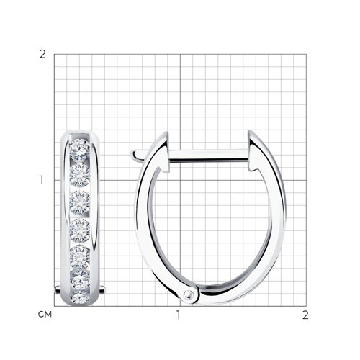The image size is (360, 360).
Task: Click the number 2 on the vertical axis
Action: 42,55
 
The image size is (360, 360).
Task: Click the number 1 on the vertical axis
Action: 42,180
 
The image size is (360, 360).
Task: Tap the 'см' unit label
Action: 45,315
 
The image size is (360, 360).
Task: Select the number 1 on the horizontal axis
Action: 178,315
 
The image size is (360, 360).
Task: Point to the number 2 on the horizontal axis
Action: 305,315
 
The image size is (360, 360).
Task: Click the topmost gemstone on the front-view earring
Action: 79,149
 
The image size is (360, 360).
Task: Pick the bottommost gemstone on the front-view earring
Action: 80,297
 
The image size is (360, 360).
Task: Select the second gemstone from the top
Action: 79,175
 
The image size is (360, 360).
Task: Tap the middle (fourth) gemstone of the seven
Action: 79,230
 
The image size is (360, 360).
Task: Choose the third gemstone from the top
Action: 79,203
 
